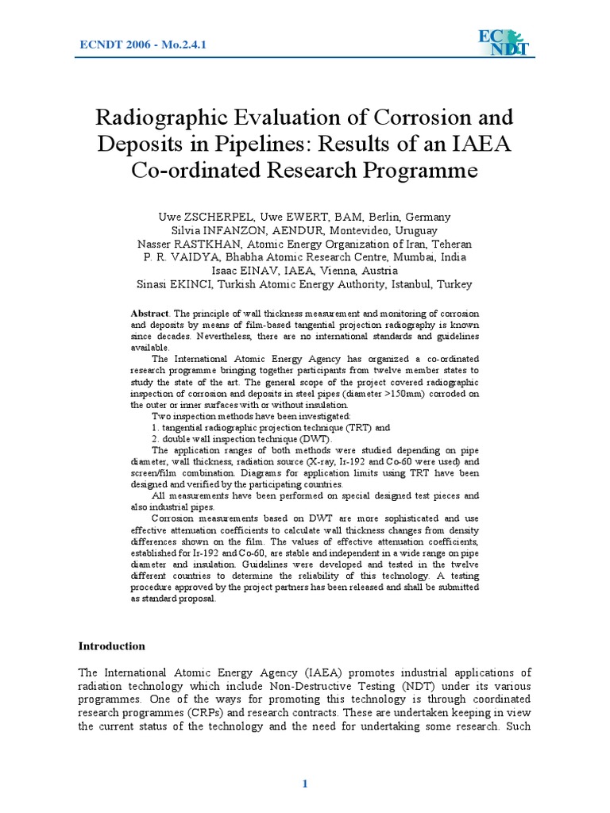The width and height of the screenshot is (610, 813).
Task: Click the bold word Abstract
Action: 149,314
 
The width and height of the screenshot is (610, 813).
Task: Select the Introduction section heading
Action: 111,645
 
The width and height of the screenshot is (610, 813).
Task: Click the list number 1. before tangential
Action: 155,426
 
